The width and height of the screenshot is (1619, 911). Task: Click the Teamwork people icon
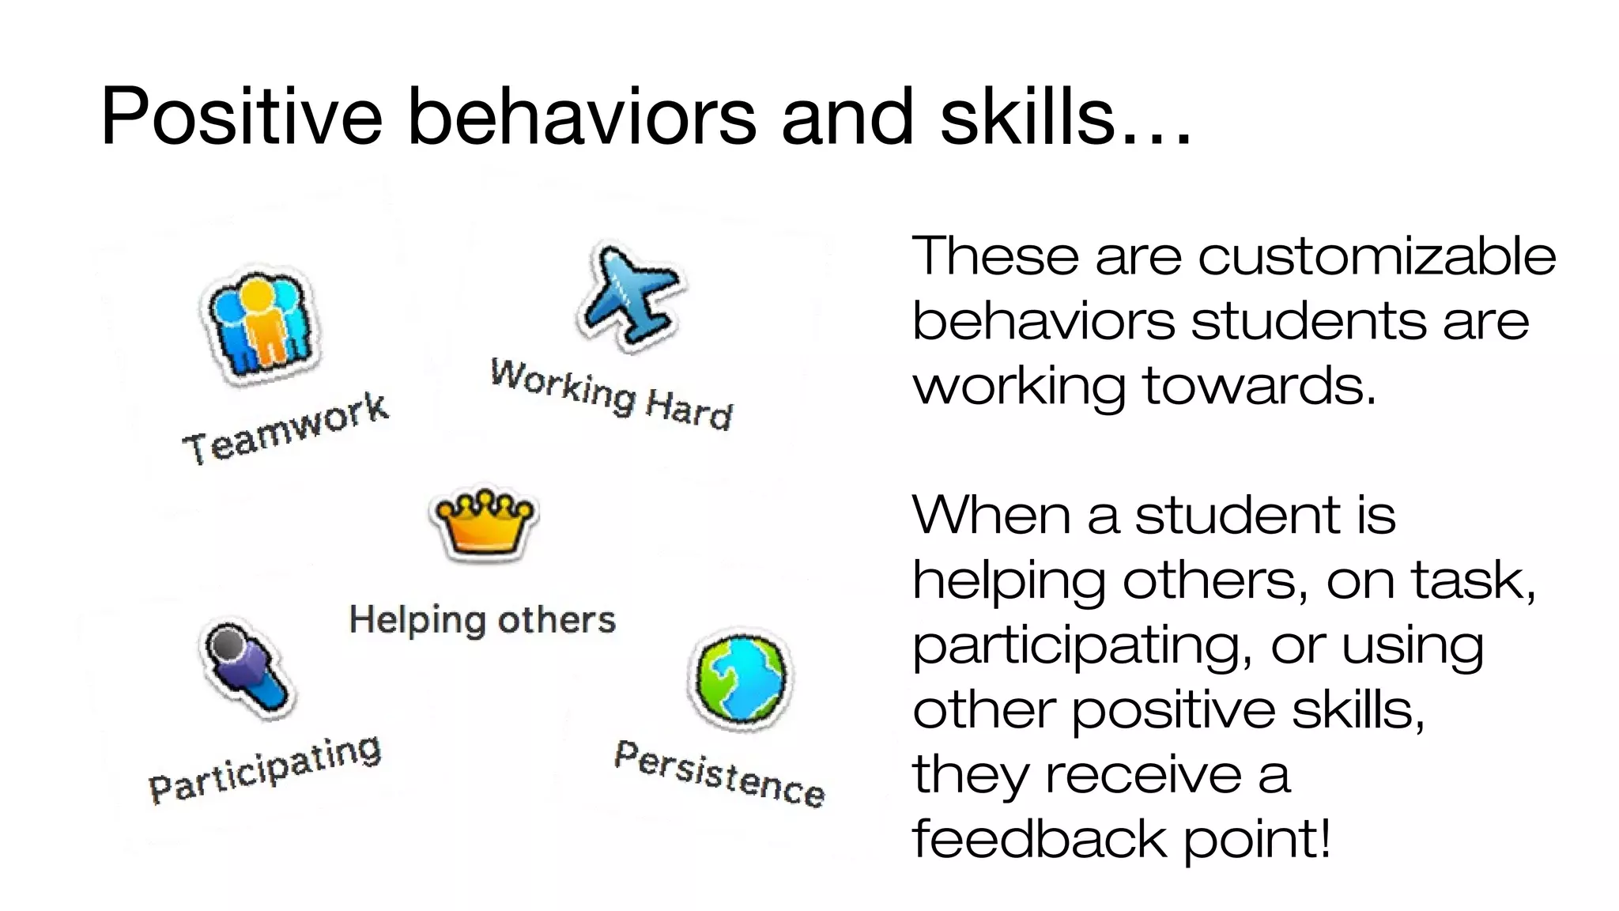point(262,325)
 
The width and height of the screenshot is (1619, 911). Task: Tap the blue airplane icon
point(629,296)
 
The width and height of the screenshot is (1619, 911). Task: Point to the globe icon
point(740,678)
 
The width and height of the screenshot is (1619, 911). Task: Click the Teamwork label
point(285,429)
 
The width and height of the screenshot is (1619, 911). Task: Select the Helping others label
point(482,619)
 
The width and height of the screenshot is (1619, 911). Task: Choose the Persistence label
point(719,773)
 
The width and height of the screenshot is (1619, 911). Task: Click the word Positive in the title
point(242,116)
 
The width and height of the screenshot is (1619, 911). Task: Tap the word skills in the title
point(1027,116)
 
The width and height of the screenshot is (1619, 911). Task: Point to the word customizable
point(1376,257)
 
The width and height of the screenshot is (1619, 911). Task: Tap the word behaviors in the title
point(582,116)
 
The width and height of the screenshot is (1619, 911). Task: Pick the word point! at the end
point(1257,840)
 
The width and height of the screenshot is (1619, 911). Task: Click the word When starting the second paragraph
point(991,516)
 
